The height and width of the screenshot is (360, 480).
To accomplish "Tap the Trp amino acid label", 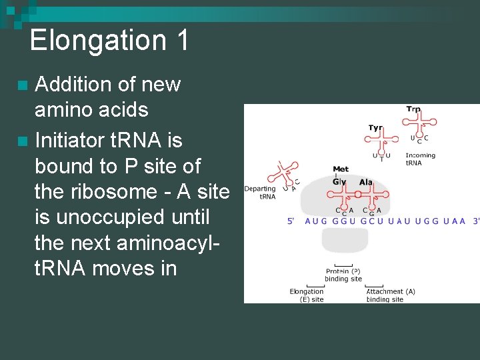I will pyautogui.click(x=413, y=109).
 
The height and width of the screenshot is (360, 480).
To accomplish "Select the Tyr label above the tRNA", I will pyautogui.click(x=375, y=128).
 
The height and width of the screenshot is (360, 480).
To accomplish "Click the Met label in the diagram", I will pyautogui.click(x=341, y=169).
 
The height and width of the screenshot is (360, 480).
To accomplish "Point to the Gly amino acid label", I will pyautogui.click(x=340, y=181).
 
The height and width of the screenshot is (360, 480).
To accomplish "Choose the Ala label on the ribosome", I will pyautogui.click(x=366, y=182).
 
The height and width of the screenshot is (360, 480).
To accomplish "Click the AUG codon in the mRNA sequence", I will pyautogui.click(x=316, y=221).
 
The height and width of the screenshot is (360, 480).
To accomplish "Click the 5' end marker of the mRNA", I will pyautogui.click(x=291, y=221).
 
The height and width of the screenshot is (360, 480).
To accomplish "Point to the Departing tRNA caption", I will pyautogui.click(x=260, y=193).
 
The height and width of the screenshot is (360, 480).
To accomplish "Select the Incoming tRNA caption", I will pyautogui.click(x=420, y=159).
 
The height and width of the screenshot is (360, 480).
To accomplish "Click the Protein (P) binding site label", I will pyautogui.click(x=343, y=275).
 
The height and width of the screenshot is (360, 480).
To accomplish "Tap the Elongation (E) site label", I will pyautogui.click(x=307, y=295).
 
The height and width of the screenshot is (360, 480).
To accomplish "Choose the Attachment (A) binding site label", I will pyautogui.click(x=391, y=295).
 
